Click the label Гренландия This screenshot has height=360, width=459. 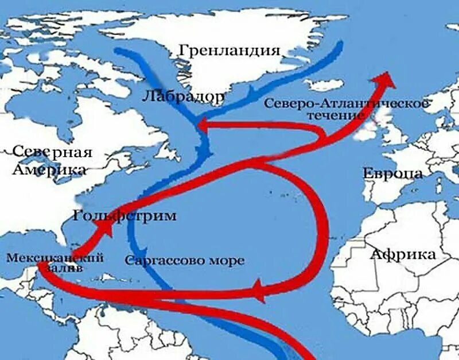pyautogui.click(x=229, y=51)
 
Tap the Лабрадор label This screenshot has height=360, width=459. pyautogui.click(x=183, y=96)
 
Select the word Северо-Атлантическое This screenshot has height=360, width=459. pyautogui.click(x=347, y=104)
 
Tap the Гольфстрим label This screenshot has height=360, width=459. pyautogui.click(x=125, y=216)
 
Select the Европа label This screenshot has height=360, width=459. pyautogui.click(x=392, y=173)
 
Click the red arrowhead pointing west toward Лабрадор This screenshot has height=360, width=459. pyautogui.click(x=202, y=125)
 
